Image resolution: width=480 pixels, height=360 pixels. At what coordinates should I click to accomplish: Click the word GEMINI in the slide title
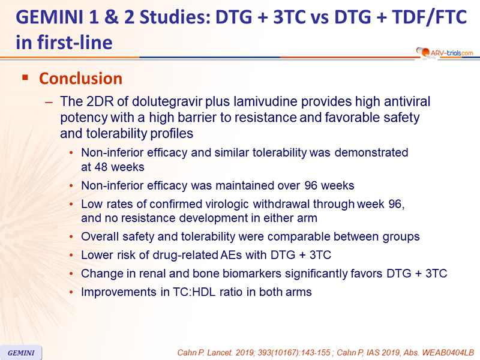point(50,17)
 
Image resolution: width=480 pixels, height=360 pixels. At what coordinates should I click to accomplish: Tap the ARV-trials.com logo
point(445,53)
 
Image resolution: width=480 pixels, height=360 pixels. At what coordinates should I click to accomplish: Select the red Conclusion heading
point(81,79)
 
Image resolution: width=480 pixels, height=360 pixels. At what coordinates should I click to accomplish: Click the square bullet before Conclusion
point(25,77)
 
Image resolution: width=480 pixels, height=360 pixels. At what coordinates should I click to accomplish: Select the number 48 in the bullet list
point(101,167)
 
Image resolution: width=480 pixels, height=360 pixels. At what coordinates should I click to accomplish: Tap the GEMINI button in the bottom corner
point(21,353)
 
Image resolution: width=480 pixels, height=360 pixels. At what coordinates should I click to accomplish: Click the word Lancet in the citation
point(219,353)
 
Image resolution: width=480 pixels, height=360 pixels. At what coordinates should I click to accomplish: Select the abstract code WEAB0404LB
point(448,353)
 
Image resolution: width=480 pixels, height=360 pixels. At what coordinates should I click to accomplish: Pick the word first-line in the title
point(75,43)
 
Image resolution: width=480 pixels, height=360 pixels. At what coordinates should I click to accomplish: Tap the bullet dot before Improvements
point(71,292)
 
